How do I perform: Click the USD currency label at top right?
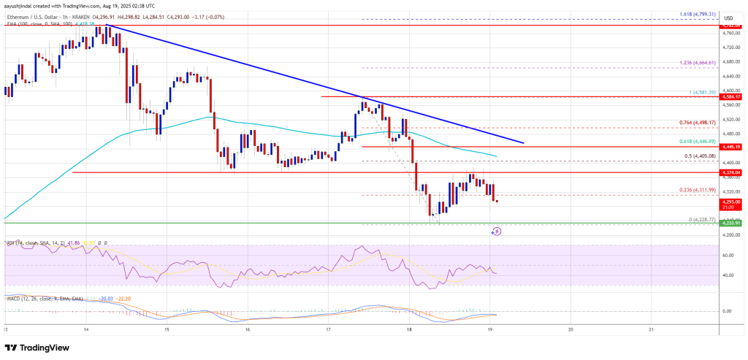[x=728, y=18]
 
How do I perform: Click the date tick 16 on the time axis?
[x=248, y=329]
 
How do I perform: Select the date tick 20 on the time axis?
[x=570, y=329]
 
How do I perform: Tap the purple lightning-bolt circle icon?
[x=496, y=231]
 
